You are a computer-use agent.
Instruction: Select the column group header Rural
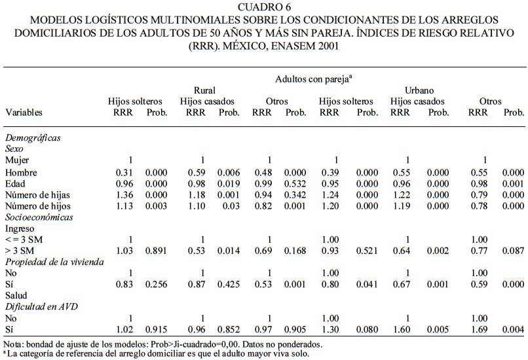tap(205, 90)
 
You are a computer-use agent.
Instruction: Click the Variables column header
tap(24, 113)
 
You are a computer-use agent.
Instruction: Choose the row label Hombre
tap(21, 172)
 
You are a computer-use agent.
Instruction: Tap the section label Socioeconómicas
tap(38, 217)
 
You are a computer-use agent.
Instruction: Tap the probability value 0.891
tap(157, 250)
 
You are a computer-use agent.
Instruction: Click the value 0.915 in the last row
tap(157, 329)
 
